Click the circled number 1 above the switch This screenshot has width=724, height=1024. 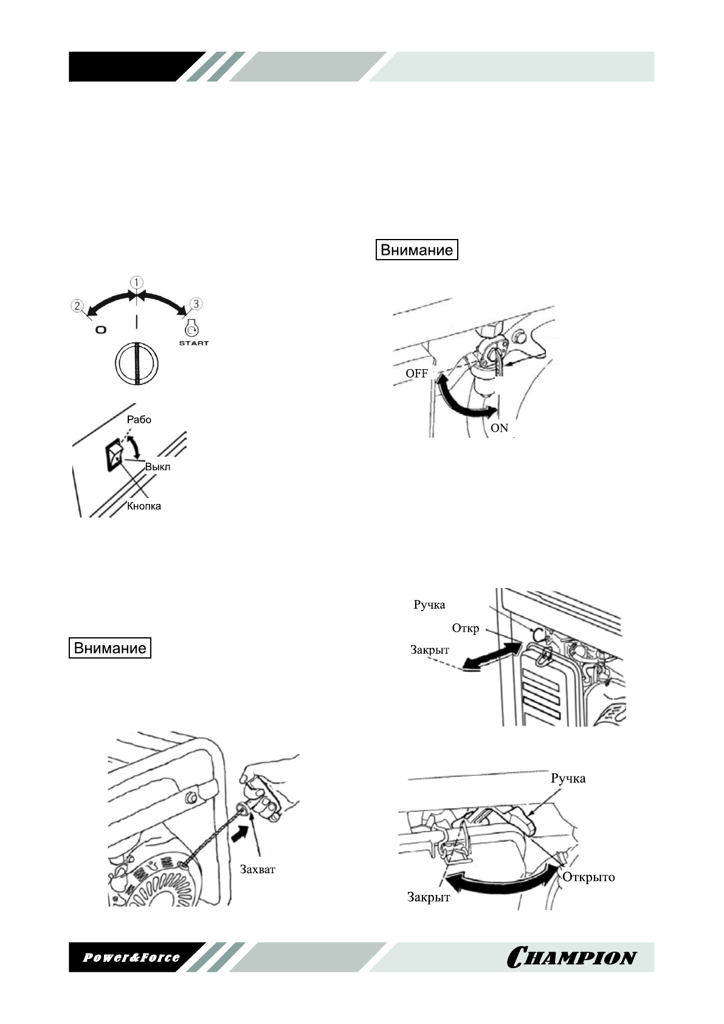pyautogui.click(x=137, y=283)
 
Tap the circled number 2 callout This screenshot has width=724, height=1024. pyautogui.click(x=77, y=305)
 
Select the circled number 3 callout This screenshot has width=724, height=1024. pyautogui.click(x=196, y=303)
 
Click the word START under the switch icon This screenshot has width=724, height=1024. pyautogui.click(x=193, y=344)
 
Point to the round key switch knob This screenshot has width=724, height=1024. pyautogui.click(x=137, y=364)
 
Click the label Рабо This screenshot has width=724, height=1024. pyautogui.click(x=139, y=420)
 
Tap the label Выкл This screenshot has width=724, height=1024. pyautogui.click(x=157, y=467)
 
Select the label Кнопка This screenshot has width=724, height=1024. pyautogui.click(x=144, y=506)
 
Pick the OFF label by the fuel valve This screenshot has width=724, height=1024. pyautogui.click(x=416, y=373)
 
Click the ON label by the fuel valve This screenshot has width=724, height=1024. pyautogui.click(x=499, y=428)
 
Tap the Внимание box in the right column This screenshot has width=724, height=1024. pyautogui.click(x=416, y=250)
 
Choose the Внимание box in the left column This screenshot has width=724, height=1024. pyautogui.click(x=109, y=648)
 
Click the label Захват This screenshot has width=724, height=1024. pyautogui.click(x=257, y=869)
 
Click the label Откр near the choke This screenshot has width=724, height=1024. pyautogui.click(x=465, y=628)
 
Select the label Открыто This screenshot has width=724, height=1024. pyautogui.click(x=588, y=877)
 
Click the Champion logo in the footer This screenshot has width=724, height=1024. pyautogui.click(x=571, y=957)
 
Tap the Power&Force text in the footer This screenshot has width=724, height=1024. pyautogui.click(x=131, y=957)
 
